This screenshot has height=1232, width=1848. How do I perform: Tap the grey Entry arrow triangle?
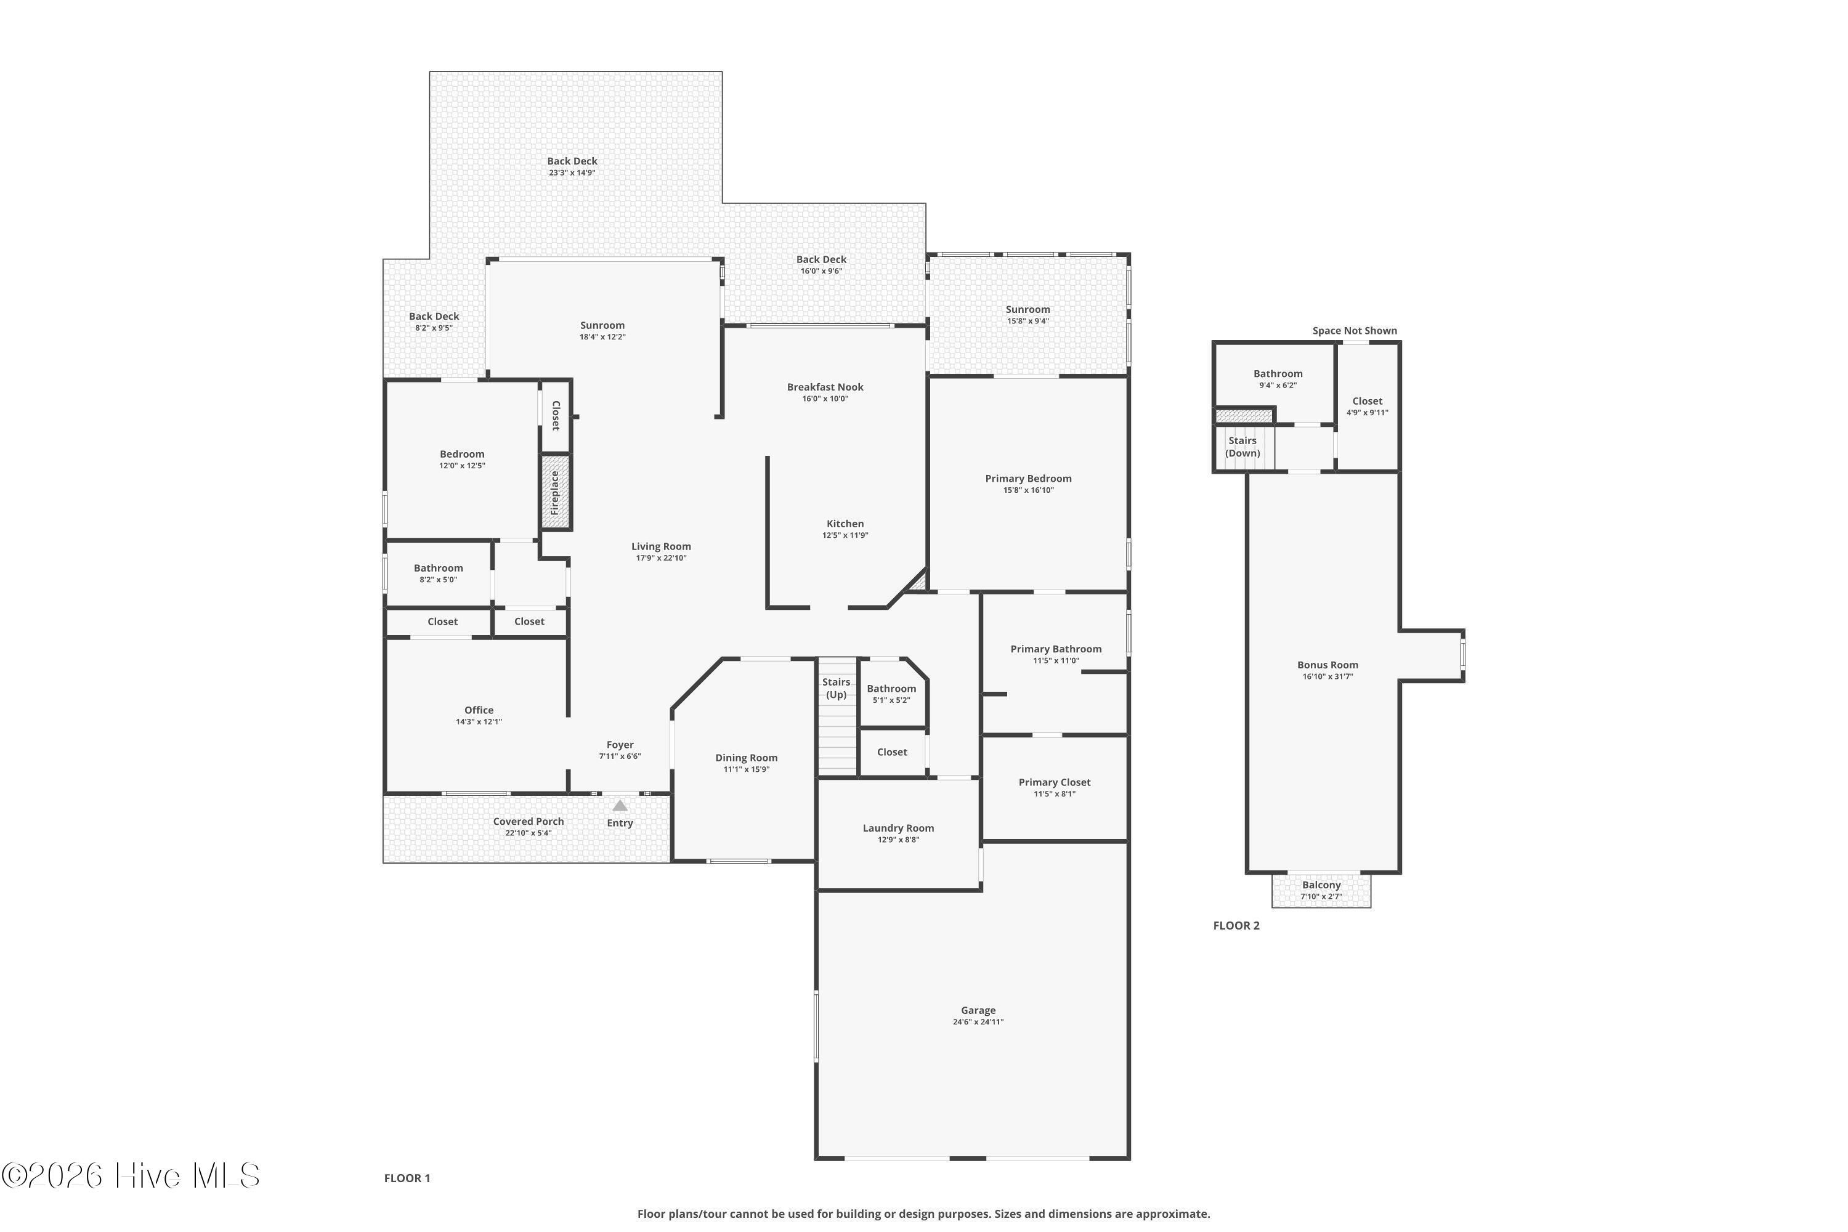click(x=620, y=805)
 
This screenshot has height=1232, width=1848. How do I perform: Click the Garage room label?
click(x=978, y=1010)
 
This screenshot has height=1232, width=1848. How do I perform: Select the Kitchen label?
click(x=845, y=523)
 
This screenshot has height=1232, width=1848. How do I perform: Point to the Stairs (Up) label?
click(x=836, y=688)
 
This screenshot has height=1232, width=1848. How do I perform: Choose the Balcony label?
click(x=1321, y=885)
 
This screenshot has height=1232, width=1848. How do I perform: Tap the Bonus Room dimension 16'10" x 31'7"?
click(x=1328, y=676)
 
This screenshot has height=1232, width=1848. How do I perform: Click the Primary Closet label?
click(x=1055, y=782)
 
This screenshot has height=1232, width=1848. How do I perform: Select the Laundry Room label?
click(x=898, y=827)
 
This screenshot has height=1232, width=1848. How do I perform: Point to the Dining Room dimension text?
click(x=747, y=769)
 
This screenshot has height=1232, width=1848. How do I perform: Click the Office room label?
click(x=479, y=710)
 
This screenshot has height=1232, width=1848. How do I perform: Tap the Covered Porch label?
click(x=529, y=821)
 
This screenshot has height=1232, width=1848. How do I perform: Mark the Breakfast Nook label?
click(x=825, y=387)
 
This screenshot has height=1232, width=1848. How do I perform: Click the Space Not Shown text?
click(x=1355, y=331)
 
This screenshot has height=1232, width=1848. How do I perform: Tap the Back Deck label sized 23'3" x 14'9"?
click(x=572, y=161)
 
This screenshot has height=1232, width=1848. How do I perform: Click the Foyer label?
click(x=620, y=745)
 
